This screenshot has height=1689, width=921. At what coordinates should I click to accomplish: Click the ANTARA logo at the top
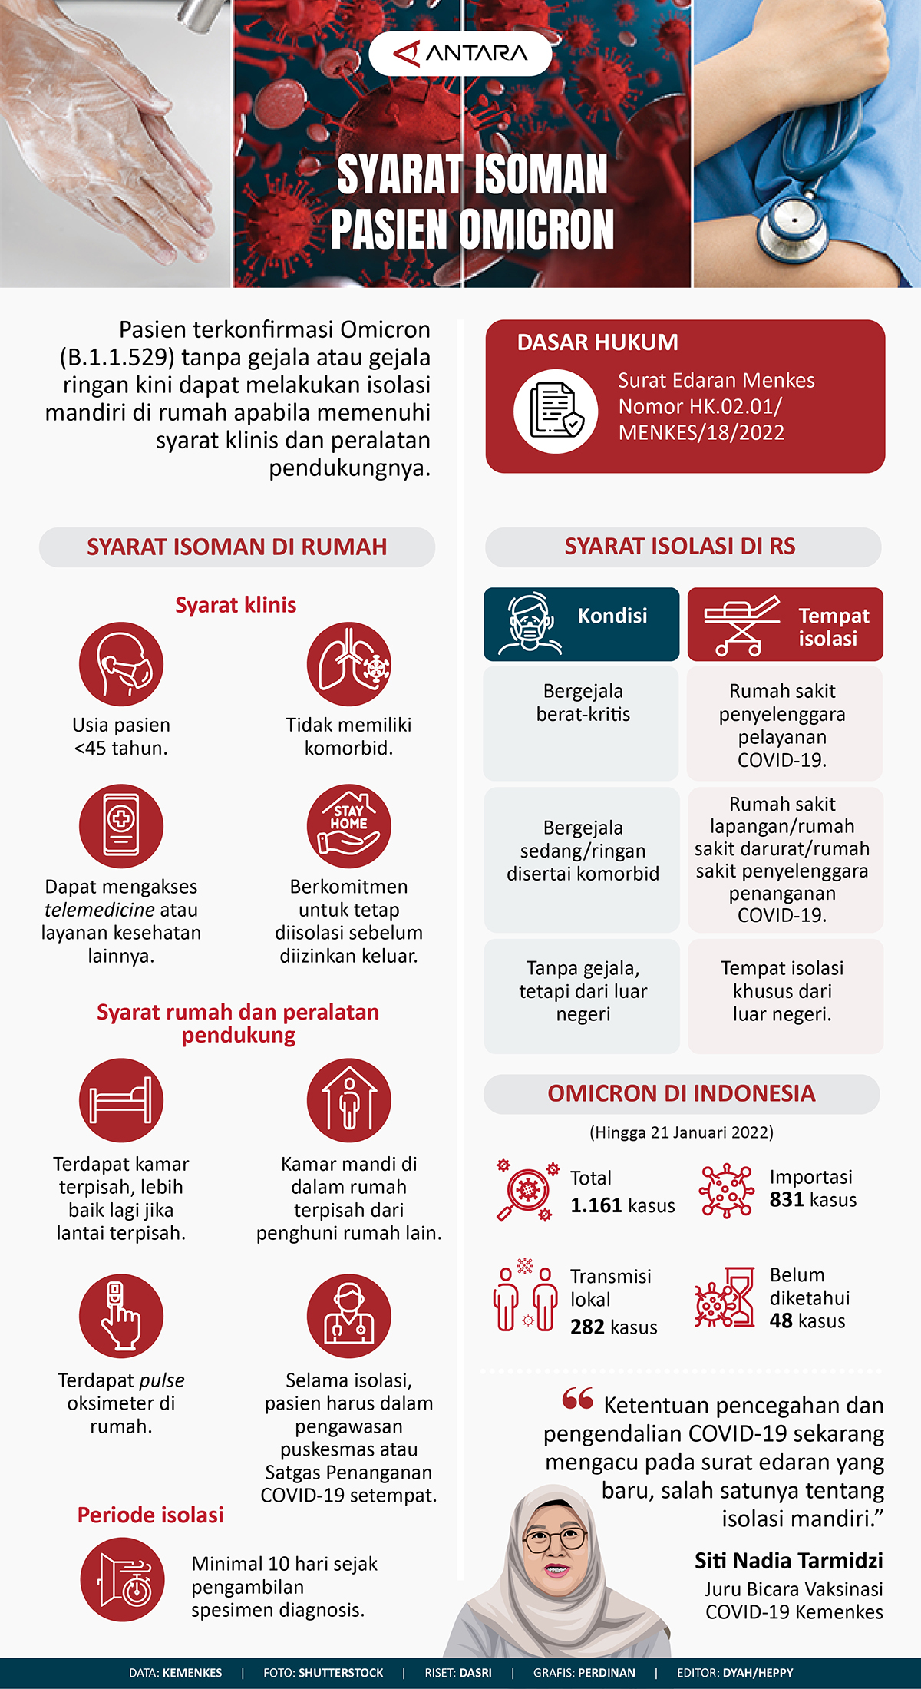tap(460, 53)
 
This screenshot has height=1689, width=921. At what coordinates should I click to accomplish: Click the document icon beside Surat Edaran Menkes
tap(556, 411)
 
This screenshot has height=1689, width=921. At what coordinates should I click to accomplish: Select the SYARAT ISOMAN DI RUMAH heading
tap(236, 547)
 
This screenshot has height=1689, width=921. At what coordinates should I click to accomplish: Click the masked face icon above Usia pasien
tap(121, 664)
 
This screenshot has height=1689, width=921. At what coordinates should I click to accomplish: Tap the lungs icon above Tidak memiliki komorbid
tap(348, 664)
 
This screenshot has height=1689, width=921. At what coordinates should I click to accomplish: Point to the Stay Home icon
tap(348, 826)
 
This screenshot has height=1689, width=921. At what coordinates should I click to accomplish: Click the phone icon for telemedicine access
tap(121, 826)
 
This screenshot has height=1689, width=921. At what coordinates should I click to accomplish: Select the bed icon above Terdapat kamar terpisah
tap(121, 1100)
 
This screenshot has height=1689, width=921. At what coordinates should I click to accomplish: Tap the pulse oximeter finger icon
tap(121, 1316)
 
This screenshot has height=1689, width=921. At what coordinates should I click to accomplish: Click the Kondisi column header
tap(582, 624)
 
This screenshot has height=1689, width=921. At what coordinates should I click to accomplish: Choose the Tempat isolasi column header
tap(785, 624)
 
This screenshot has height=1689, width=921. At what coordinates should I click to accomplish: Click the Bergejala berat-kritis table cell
tap(582, 722)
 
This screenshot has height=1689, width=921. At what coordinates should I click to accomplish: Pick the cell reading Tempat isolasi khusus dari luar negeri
tap(785, 995)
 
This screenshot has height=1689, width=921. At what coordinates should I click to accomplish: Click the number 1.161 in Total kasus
tap(596, 1205)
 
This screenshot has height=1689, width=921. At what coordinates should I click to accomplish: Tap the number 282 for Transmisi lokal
tap(587, 1327)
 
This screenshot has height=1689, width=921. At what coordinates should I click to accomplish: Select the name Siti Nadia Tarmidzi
tap(788, 1560)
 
